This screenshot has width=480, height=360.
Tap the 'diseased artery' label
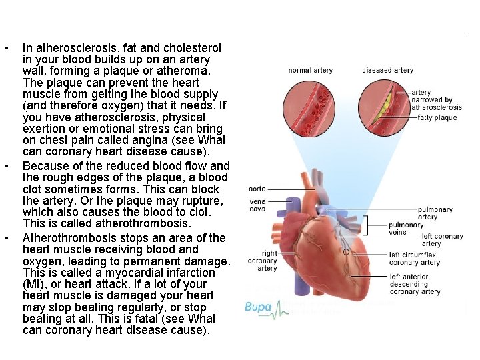(387, 70)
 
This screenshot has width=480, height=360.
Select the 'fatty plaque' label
(437, 118)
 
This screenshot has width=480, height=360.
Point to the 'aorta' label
(257, 189)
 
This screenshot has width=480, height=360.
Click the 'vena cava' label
(257, 205)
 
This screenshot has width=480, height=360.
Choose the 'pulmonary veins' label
(405, 229)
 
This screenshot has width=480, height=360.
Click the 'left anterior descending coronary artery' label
(415, 284)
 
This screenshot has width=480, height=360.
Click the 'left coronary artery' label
(442, 240)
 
